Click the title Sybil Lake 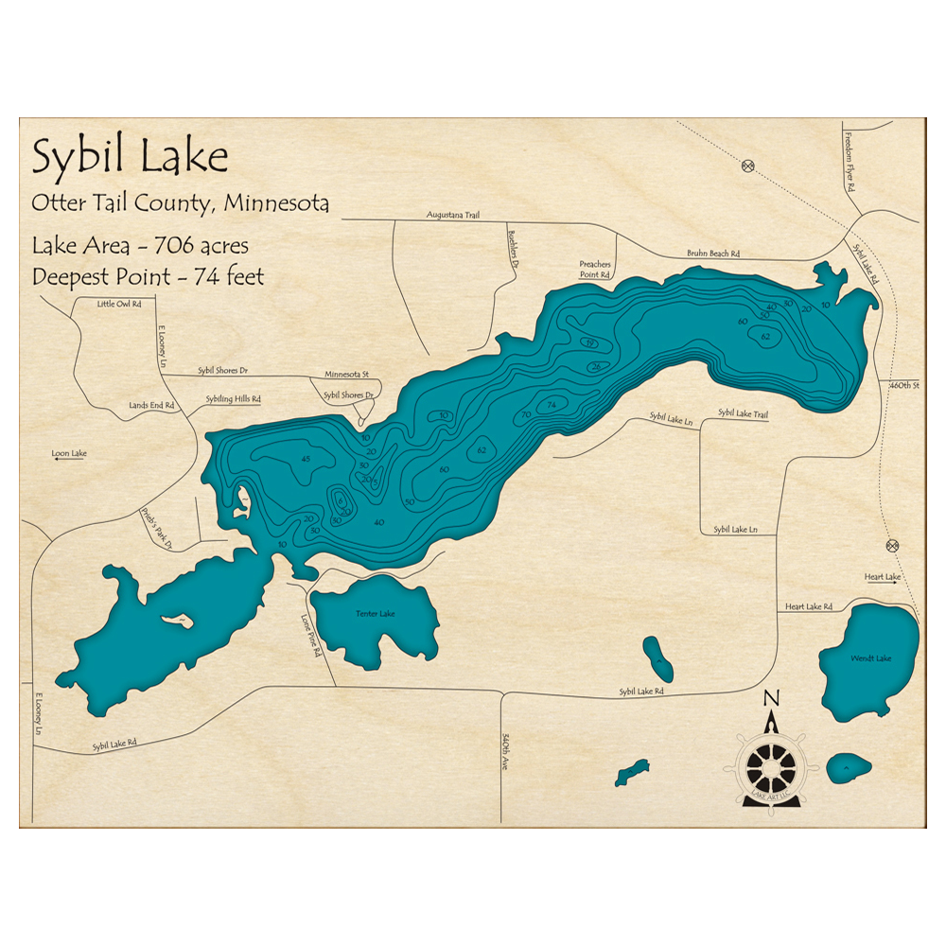130,157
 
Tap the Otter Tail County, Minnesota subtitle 180,203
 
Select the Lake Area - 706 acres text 140,246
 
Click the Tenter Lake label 375,614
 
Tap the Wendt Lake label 869,657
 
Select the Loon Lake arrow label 69,454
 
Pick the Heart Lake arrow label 882,577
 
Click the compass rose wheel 771,764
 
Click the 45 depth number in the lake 305,459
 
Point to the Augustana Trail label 453,216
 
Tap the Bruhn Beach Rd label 712,254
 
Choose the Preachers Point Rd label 595,270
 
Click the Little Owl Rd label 118,305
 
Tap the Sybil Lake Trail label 743,413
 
